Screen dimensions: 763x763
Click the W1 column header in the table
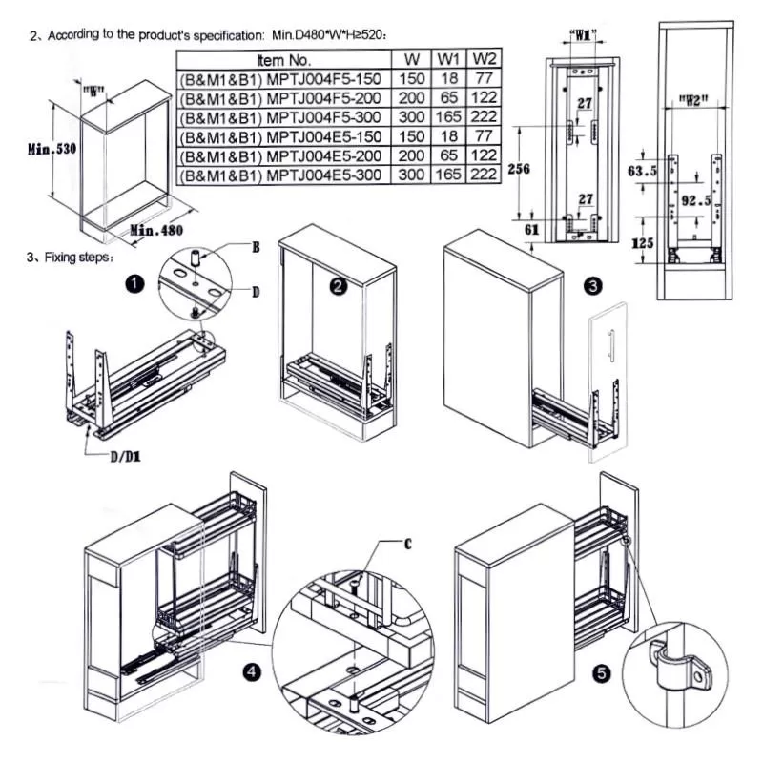tap(447, 59)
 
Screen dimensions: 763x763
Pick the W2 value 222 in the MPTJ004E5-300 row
tap(484, 175)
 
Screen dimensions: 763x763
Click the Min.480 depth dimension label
tap(156, 231)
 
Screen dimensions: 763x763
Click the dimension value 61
tap(532, 230)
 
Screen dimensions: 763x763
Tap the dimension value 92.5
tap(694, 202)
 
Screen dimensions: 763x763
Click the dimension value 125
tap(643, 243)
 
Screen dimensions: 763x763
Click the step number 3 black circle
tap(592, 283)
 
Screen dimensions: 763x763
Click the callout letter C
tap(408, 544)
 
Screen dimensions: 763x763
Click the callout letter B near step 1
tap(255, 247)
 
